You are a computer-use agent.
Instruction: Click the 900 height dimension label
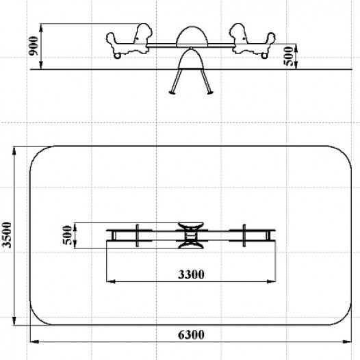coord(34,46)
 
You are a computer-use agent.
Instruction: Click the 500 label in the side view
coord(289,56)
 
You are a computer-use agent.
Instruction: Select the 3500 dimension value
coord(6,235)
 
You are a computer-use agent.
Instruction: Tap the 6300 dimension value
coord(191,335)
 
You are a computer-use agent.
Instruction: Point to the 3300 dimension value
coord(191,274)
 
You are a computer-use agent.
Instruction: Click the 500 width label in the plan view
coord(67,235)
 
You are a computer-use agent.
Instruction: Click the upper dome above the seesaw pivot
coord(192,36)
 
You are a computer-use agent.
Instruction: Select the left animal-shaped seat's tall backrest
coord(143,34)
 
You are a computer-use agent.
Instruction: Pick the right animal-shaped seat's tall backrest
coord(239,34)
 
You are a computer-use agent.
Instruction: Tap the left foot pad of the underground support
coord(172,92)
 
